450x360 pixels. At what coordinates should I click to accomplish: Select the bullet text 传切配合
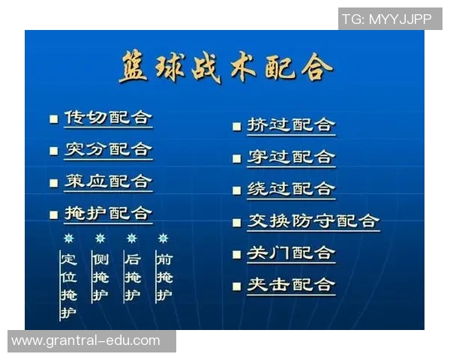[x=108, y=118]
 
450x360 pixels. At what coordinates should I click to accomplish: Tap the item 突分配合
[x=108, y=149]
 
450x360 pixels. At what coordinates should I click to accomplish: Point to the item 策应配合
[x=108, y=181]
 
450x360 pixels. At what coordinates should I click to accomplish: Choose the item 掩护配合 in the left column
[x=108, y=214]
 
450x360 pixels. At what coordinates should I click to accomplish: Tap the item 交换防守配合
[x=313, y=221]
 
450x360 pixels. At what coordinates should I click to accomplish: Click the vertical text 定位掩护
[x=68, y=286]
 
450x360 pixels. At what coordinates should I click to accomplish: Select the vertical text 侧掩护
[x=100, y=277]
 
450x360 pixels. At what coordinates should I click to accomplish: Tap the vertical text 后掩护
[x=132, y=277]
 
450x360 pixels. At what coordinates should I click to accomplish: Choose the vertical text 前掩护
[x=163, y=277]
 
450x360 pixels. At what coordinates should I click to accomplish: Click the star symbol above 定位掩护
[x=68, y=238]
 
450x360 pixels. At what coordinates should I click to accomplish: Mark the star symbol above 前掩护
[x=163, y=238]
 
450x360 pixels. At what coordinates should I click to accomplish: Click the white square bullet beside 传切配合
[x=53, y=119]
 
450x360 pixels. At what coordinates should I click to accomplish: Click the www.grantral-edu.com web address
[x=85, y=340]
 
